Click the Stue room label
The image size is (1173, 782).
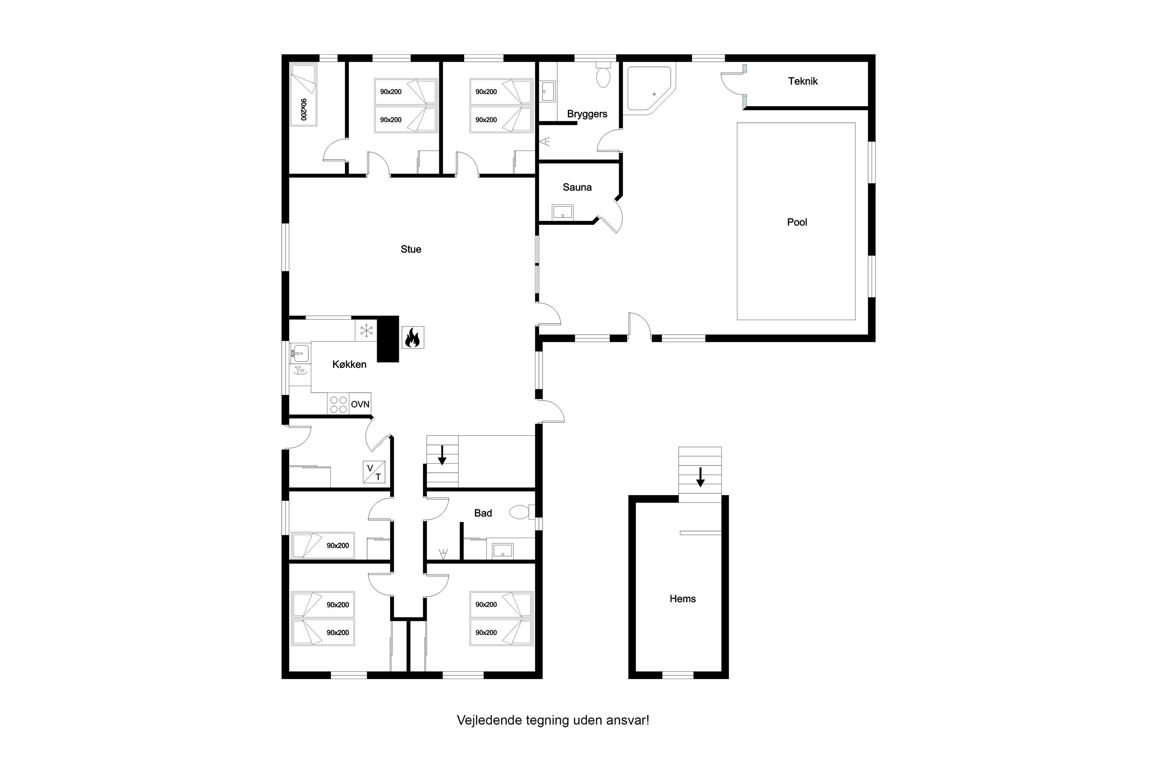click(x=411, y=249)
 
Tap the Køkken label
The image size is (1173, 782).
click(x=349, y=365)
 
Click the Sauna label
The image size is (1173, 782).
click(x=577, y=187)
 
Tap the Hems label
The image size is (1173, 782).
click(x=682, y=599)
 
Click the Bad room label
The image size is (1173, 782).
click(x=483, y=513)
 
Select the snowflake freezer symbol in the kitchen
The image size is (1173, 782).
click(x=366, y=330)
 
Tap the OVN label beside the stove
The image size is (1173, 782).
click(x=360, y=404)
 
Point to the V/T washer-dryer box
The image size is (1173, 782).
click(x=373, y=472)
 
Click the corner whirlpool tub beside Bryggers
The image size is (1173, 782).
click(x=649, y=88)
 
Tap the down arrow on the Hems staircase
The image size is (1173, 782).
click(x=700, y=477)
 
